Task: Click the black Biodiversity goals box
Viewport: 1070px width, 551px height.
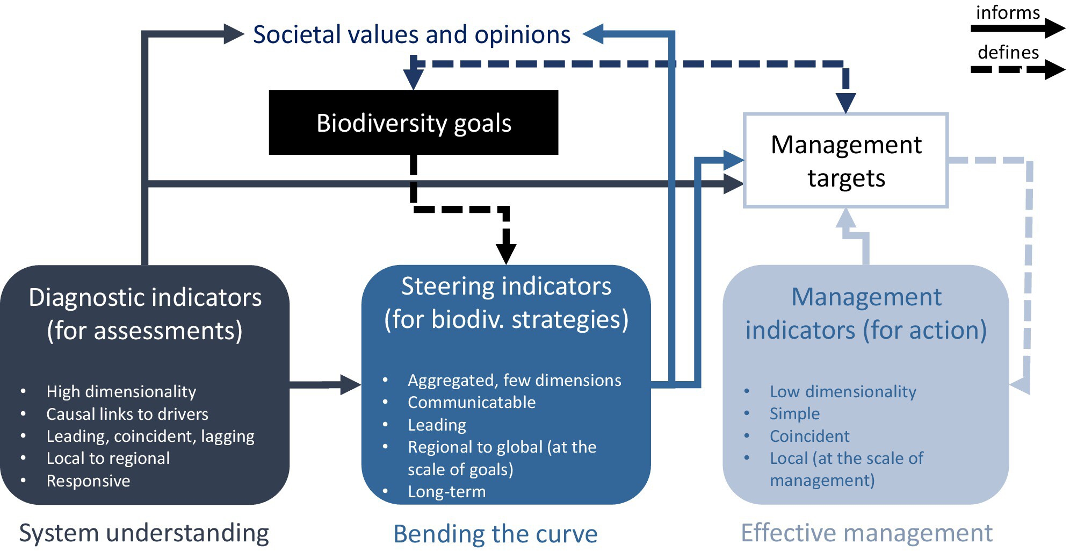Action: [414, 123]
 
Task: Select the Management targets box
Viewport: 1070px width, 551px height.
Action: [846, 160]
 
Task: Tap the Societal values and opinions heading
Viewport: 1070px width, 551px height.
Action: [411, 34]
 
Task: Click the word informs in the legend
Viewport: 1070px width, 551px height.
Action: [1008, 12]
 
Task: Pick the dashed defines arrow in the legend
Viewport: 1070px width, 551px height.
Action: [1018, 69]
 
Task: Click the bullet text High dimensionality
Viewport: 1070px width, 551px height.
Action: [121, 391]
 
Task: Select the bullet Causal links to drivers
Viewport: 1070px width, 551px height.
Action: [127, 414]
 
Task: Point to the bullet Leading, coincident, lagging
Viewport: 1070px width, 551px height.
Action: [150, 436]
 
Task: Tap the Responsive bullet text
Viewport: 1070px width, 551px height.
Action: [88, 481]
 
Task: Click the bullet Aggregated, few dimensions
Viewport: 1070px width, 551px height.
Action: [515, 380]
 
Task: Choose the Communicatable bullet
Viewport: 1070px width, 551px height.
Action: [472, 402]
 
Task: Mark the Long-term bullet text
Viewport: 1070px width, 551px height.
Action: [447, 491]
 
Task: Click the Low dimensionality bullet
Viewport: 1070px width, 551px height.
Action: [843, 391]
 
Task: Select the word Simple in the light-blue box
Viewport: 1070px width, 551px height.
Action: [794, 413]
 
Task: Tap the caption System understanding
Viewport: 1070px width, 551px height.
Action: [144, 533]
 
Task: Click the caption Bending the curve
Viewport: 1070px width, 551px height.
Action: [495, 534]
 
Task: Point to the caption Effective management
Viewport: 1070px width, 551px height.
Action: [866, 533]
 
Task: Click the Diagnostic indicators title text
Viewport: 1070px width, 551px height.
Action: [145, 314]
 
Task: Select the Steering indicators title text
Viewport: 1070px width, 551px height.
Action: [506, 303]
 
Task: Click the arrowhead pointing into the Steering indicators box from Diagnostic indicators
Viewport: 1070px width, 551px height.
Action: [351, 384]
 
